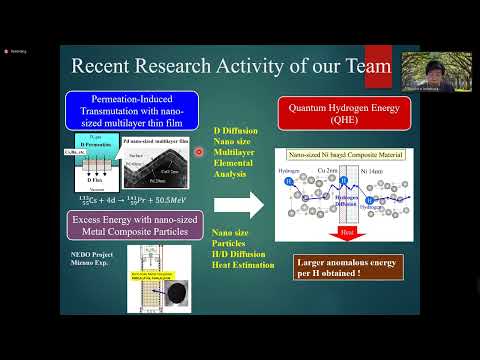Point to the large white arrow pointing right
point(237,207)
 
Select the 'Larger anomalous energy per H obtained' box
point(340,268)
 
